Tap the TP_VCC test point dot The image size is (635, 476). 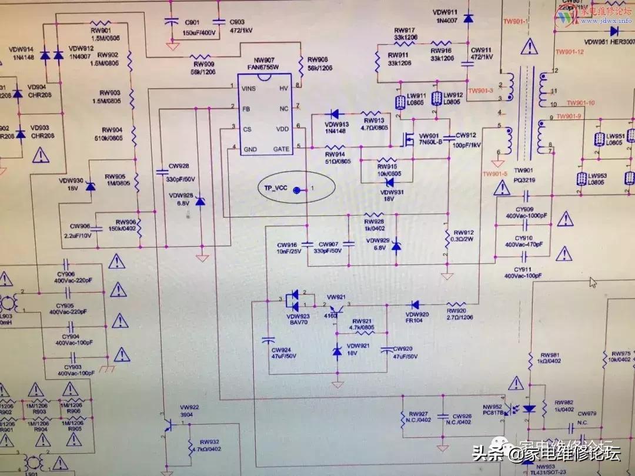click(x=297, y=189)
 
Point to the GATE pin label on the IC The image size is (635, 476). click(x=281, y=149)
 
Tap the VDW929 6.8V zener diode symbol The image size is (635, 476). click(x=396, y=244)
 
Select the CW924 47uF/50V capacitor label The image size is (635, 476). click(x=268, y=353)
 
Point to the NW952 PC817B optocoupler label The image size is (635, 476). click(x=493, y=410)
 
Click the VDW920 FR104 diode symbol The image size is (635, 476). click(x=415, y=304)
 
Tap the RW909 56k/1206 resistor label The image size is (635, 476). click(x=202, y=66)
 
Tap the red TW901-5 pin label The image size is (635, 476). click(x=494, y=174)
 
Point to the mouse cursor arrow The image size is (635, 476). click(x=593, y=282)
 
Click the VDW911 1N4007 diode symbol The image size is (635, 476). click(x=468, y=19)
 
